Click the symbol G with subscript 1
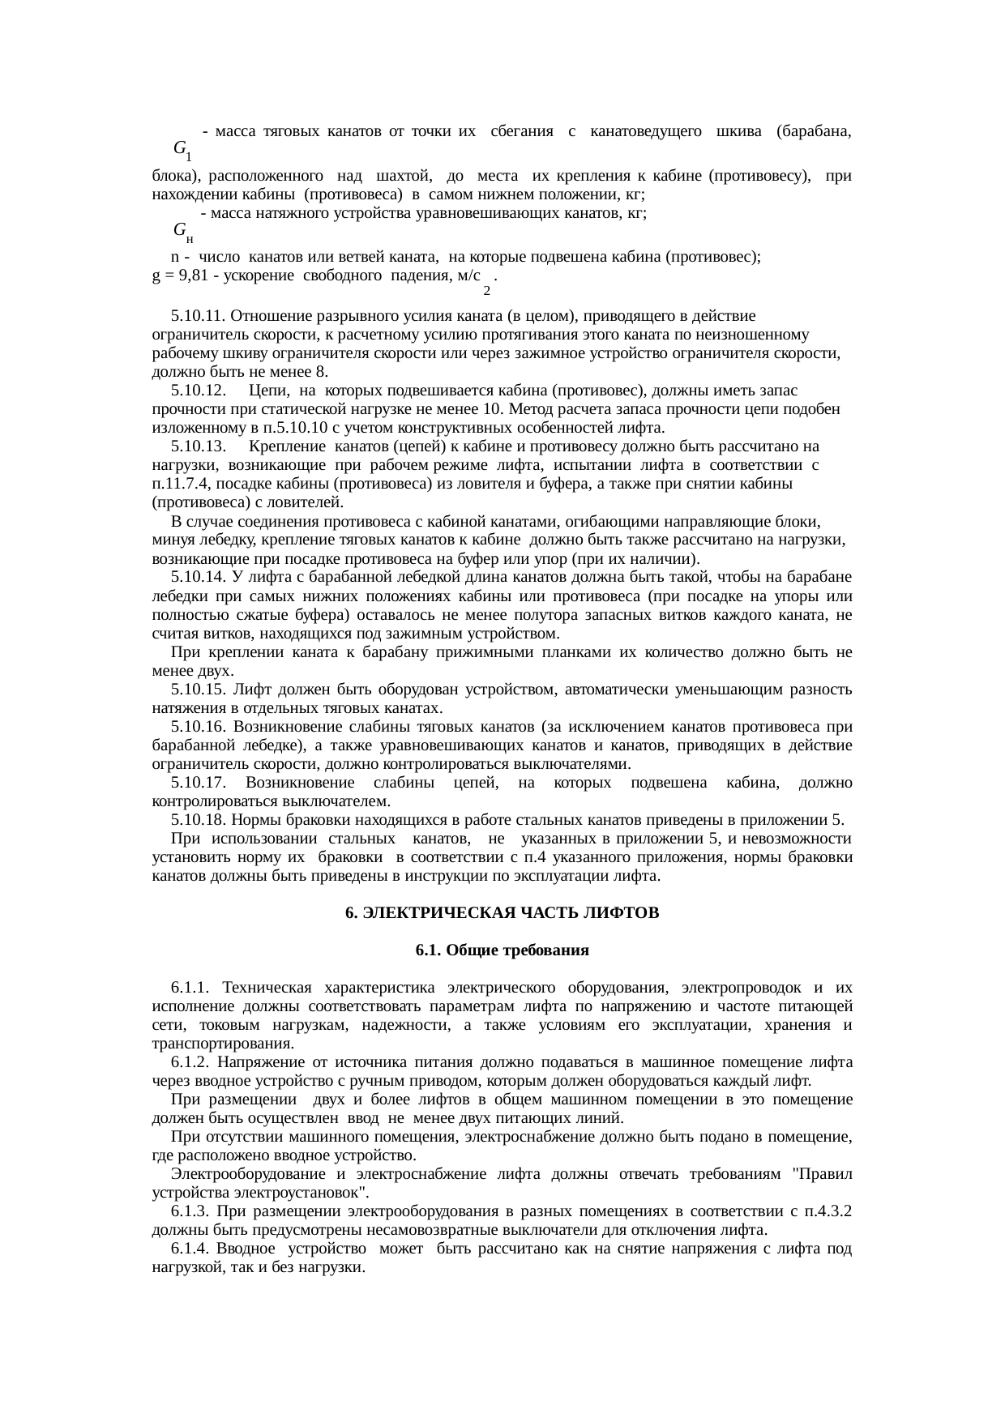pos(182,149)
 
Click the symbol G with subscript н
pos(182,232)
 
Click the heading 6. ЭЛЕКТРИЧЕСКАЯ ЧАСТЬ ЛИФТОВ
pos(502,913)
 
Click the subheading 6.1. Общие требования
pos(502,950)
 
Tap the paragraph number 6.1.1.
pos(190,988)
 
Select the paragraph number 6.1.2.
pos(190,1062)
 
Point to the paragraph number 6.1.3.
pos(190,1212)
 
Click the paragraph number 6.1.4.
pos(190,1249)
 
